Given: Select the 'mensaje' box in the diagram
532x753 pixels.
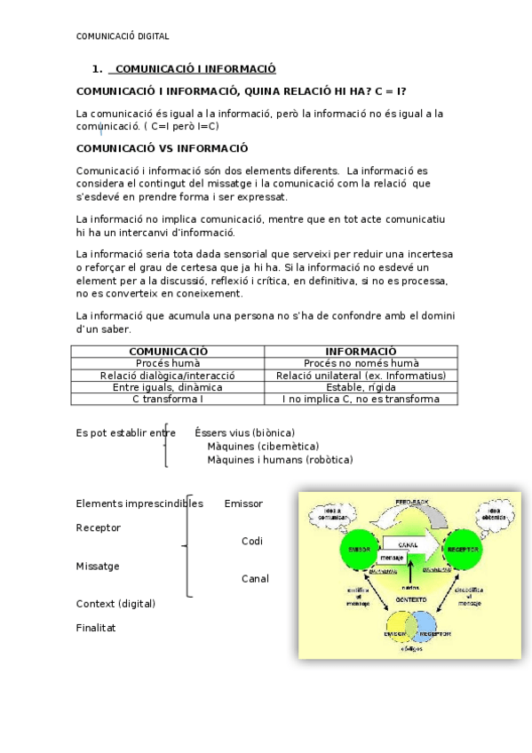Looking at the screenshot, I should tap(393, 559).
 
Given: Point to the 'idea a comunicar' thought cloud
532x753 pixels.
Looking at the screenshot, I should tap(332, 515).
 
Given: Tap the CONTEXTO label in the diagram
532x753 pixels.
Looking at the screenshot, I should tap(411, 599).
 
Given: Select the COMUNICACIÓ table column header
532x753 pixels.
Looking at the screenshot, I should tap(168, 352).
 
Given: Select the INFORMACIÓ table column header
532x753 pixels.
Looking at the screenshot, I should tap(361, 352).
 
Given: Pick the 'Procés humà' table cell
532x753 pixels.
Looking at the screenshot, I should tap(168, 363).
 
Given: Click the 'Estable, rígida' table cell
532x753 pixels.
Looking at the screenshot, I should tap(361, 387).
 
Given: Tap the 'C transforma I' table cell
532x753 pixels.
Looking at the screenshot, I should tap(168, 399).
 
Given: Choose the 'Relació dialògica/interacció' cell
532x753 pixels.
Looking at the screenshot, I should tap(168, 376).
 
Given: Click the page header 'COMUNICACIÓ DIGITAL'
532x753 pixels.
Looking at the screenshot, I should tap(123, 36).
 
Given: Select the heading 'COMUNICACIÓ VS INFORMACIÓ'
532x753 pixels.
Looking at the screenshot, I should tap(163, 148).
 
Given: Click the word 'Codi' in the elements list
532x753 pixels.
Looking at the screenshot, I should tap(252, 541).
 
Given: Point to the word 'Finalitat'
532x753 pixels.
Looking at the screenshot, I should tap(96, 628).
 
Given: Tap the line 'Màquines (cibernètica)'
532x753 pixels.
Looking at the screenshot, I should tap(263, 446).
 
